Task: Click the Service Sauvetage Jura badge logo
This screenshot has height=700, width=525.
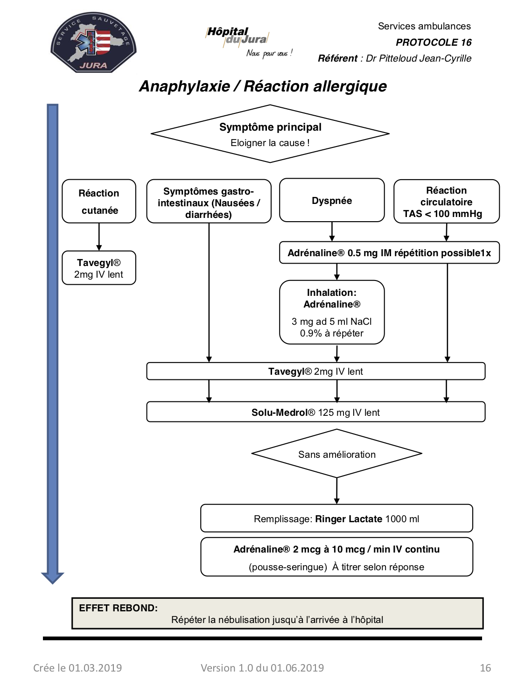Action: [93, 42]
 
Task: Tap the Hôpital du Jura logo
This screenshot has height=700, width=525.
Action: [249, 42]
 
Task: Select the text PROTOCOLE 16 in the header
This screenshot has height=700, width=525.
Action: [434, 42]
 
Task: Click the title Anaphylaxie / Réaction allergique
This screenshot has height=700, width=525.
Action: [263, 86]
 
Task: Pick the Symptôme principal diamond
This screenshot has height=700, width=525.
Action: [270, 133]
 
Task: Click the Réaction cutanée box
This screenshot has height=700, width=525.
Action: [99, 201]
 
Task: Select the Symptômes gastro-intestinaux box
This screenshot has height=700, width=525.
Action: [209, 201]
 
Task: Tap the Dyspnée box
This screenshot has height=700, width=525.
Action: [332, 200]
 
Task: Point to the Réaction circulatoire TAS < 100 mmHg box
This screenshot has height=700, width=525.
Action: [447, 201]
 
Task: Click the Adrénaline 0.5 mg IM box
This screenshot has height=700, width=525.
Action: [389, 252]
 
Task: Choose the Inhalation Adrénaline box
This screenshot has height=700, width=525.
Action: [332, 312]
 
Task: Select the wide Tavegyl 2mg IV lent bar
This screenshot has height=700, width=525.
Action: [315, 371]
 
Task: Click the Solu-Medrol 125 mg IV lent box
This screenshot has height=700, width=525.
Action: [315, 412]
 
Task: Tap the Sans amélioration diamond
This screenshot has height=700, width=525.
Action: [336, 454]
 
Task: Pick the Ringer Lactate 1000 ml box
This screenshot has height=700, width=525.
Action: [336, 518]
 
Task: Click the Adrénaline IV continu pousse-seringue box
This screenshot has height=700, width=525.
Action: [336, 557]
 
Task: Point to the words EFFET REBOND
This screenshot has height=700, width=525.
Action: [118, 608]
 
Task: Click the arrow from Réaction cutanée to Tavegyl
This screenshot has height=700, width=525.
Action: [99, 237]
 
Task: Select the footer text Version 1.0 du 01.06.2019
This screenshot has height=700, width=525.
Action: [262, 667]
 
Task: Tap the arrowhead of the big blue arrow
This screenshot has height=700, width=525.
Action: [53, 578]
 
